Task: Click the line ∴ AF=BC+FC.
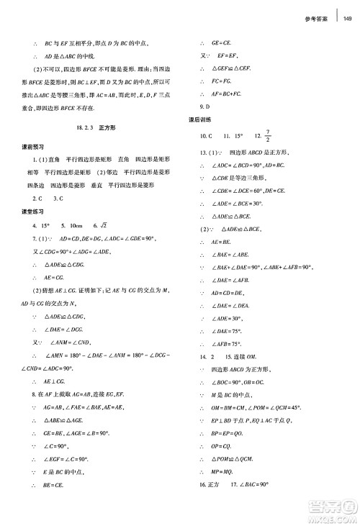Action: pyautogui.click(x=227, y=94)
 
